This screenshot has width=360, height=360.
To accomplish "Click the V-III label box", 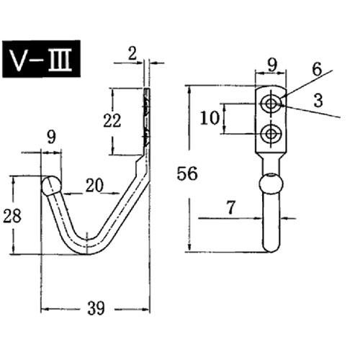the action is pyautogui.click(x=41, y=59).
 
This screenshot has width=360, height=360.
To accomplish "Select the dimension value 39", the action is pyautogui.click(x=96, y=308).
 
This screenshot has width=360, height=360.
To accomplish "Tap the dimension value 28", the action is pyautogui.click(x=12, y=216).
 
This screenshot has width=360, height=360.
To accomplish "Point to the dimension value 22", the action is pyautogui.click(x=112, y=120).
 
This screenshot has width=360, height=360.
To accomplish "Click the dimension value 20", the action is pyautogui.click(x=94, y=185).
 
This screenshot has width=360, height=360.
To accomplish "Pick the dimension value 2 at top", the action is pyautogui.click(x=132, y=53).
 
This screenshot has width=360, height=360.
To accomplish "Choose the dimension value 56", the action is pyautogui.click(x=187, y=174).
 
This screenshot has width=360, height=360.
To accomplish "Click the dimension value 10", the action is pyautogui.click(x=210, y=118).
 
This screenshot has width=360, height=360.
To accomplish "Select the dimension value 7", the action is pyautogui.click(x=231, y=207).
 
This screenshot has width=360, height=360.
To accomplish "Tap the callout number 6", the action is pyautogui.click(x=317, y=69).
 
